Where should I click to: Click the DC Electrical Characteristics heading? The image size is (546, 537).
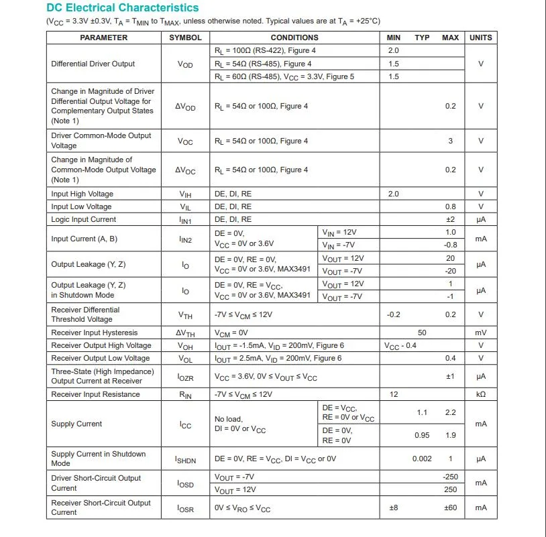(x=123, y=8)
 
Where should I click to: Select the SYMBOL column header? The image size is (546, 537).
(x=185, y=38)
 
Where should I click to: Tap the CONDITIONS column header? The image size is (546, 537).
(x=294, y=38)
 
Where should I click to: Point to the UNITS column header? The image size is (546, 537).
(x=480, y=38)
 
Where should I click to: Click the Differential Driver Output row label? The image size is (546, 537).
(x=93, y=64)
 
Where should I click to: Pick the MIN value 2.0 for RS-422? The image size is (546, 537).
(x=393, y=50)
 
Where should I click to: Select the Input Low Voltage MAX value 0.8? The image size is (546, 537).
(x=450, y=206)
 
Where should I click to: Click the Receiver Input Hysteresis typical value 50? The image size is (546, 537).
(x=422, y=333)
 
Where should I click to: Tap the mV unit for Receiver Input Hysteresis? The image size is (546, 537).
(x=480, y=333)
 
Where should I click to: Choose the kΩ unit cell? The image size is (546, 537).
(x=480, y=394)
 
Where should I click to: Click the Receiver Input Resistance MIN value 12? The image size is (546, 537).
(x=394, y=394)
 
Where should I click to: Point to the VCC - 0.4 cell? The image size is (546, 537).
(x=400, y=345)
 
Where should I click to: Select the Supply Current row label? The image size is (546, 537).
(x=76, y=424)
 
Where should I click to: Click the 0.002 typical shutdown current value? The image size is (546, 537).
(x=422, y=459)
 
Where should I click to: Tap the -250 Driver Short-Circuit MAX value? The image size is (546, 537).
(x=450, y=476)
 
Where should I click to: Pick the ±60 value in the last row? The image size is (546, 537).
(x=450, y=508)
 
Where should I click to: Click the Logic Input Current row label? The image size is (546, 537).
(x=83, y=219)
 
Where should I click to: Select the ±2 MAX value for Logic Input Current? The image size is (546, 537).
(x=450, y=219)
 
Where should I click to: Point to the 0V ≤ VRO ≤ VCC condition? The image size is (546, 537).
(x=242, y=508)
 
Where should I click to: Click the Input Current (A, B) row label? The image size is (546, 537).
(x=84, y=239)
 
